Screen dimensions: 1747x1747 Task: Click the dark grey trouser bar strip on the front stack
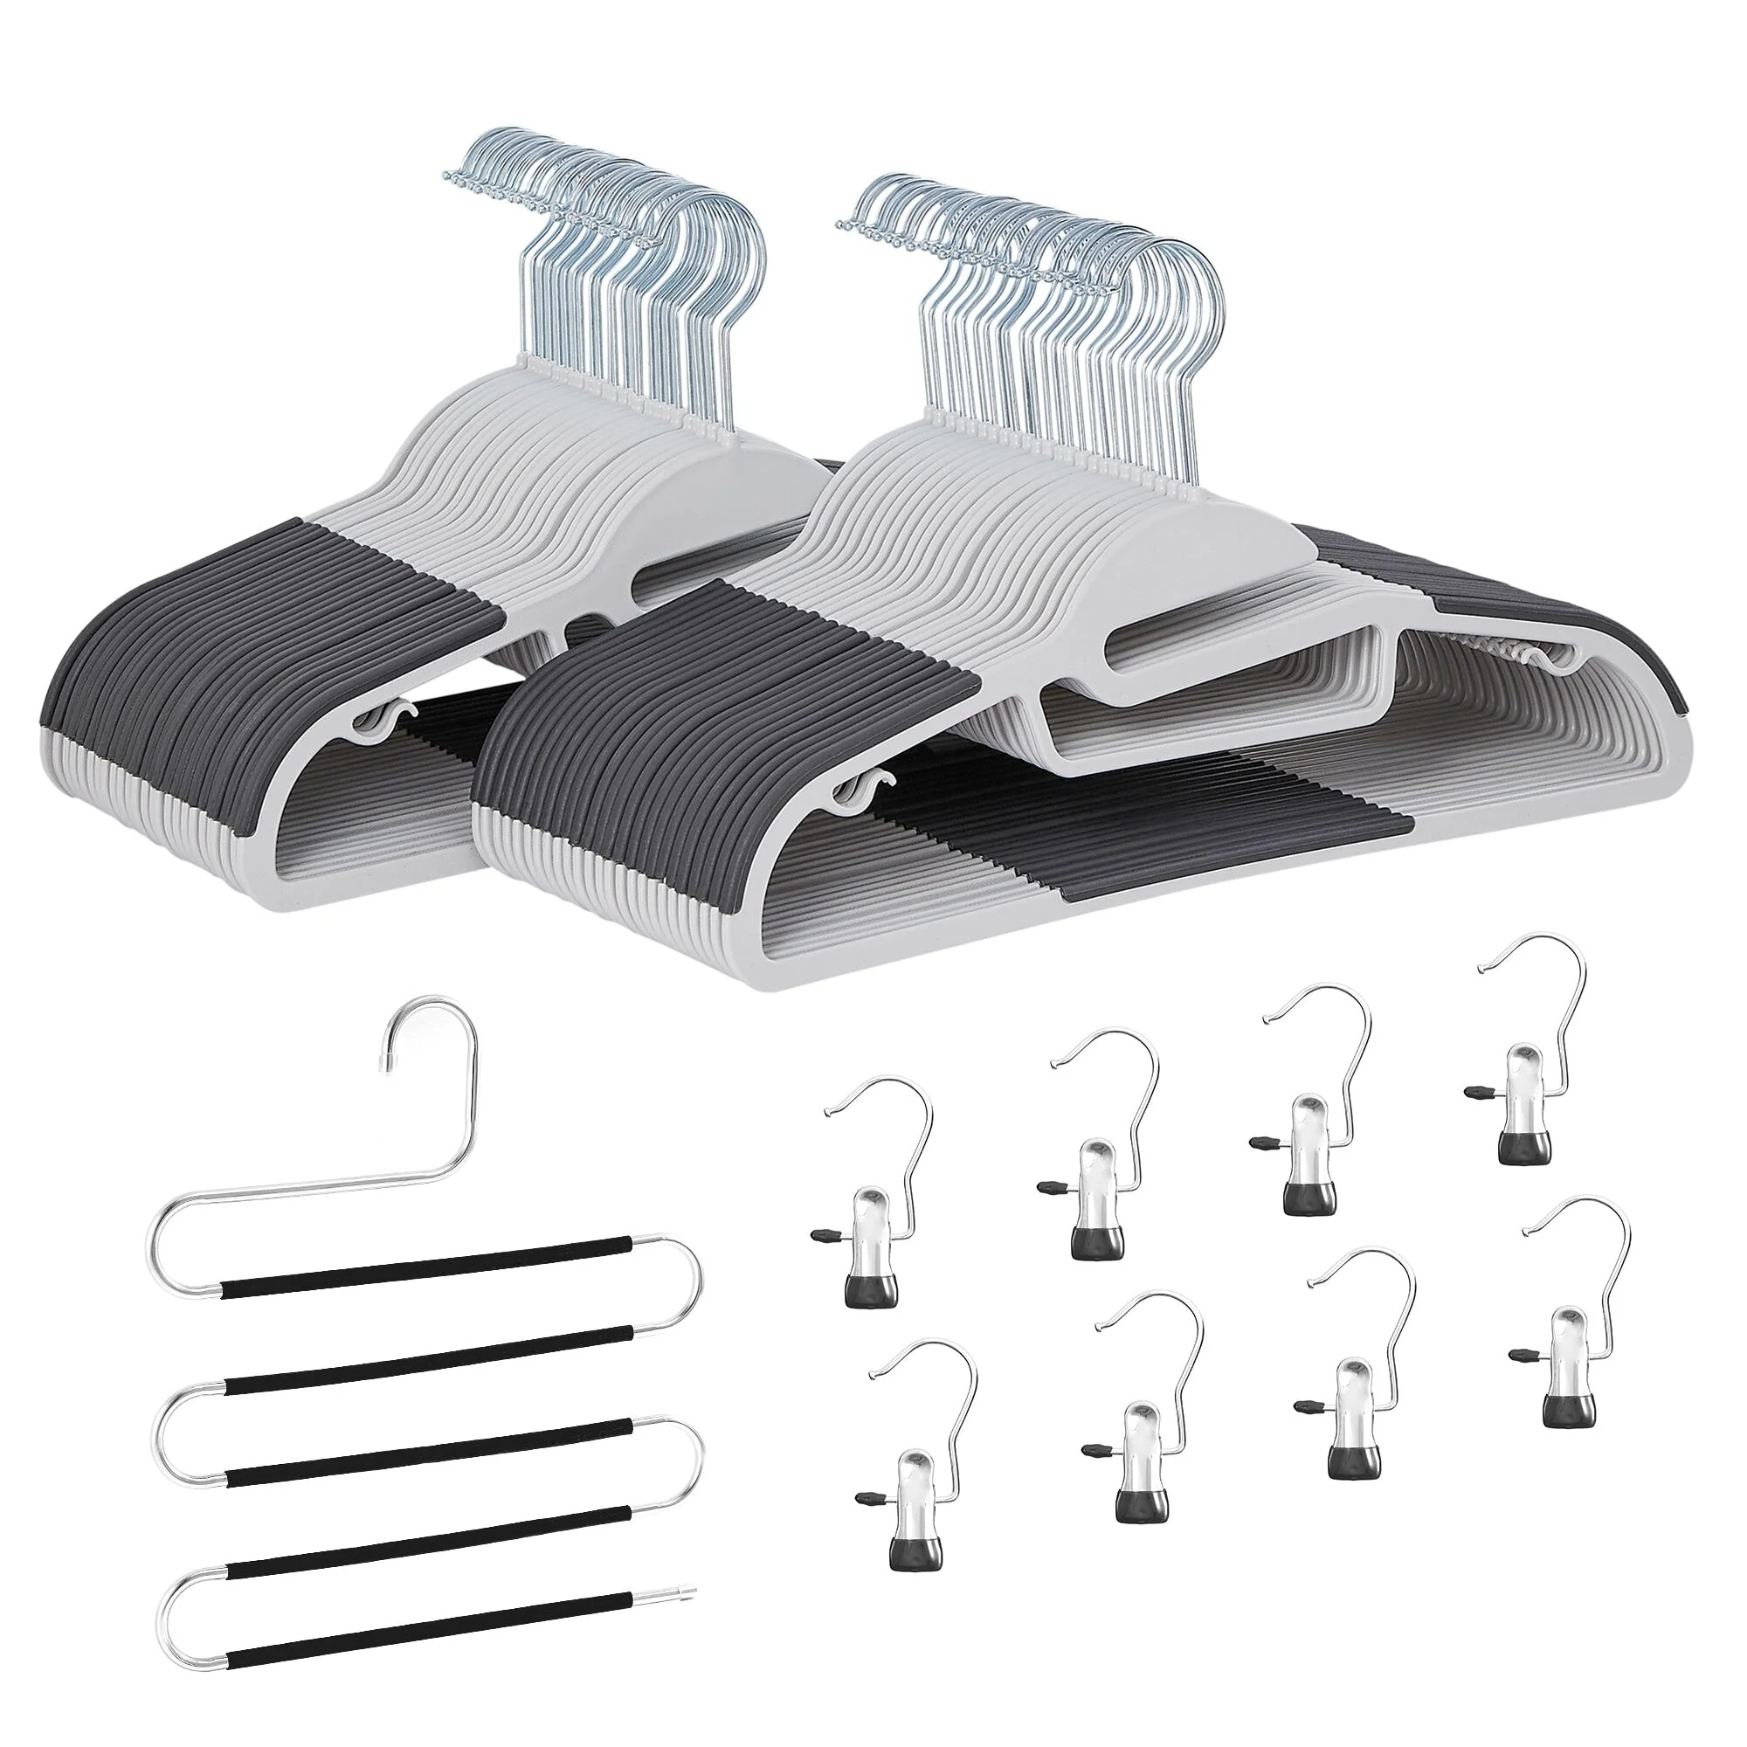pyautogui.click(x=1176, y=814)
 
